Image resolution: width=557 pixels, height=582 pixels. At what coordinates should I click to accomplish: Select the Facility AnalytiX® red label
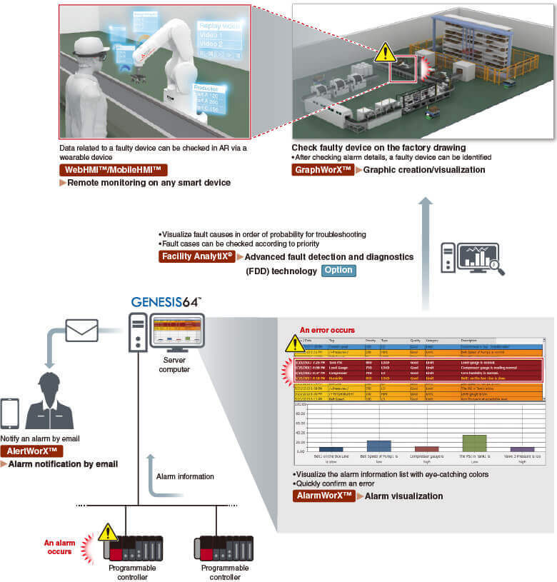tap(197, 257)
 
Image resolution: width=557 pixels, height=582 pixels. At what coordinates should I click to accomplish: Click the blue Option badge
tap(338, 271)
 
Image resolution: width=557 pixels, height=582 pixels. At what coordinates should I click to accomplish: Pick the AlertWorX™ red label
tap(32, 451)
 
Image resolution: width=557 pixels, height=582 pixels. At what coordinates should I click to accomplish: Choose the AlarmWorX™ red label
tap(323, 496)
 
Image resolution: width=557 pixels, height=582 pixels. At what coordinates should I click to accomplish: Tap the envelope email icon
tap(83, 330)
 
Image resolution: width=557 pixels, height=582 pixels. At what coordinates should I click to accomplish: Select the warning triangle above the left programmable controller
tap(108, 531)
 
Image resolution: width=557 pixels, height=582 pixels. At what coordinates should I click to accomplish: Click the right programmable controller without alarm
tap(224, 547)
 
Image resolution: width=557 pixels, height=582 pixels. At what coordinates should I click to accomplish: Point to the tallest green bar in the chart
tap(474, 443)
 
